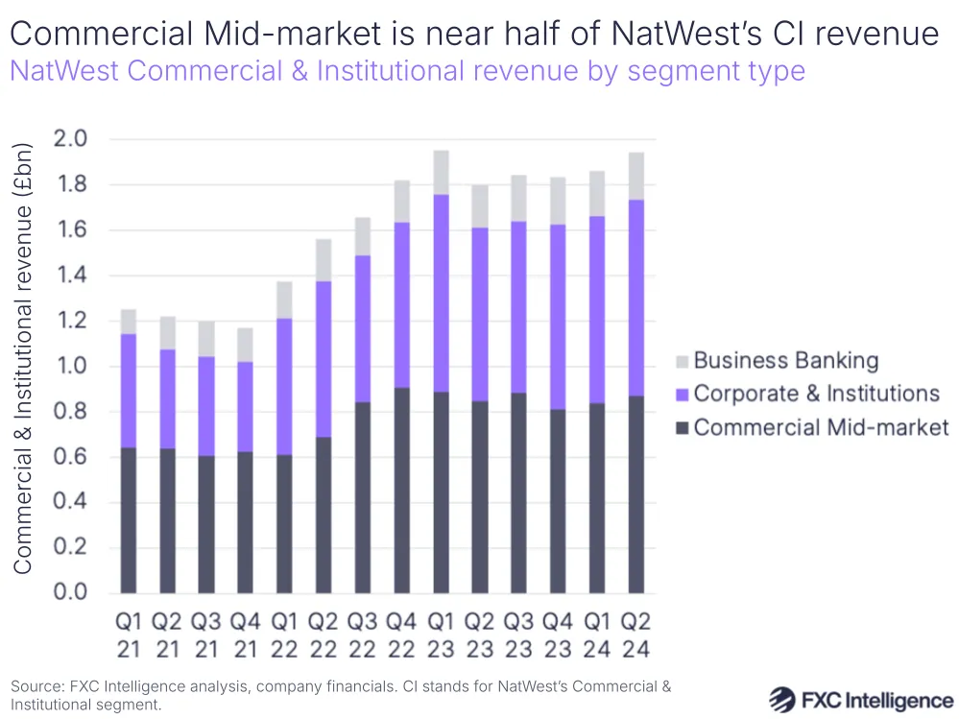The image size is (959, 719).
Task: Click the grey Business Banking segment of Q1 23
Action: click(441, 173)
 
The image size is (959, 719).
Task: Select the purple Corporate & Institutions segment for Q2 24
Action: click(636, 298)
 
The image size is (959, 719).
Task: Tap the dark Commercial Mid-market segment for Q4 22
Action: click(401, 490)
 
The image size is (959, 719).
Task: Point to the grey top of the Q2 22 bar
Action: click(324, 260)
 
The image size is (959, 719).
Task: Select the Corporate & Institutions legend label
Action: click(816, 394)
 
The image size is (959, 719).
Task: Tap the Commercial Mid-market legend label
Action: click(821, 427)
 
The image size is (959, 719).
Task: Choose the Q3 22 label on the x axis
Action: click(363, 635)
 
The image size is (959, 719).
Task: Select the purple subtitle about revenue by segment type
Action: click(407, 71)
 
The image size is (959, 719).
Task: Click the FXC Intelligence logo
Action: click(861, 698)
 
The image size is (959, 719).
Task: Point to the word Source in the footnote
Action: click(36, 686)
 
